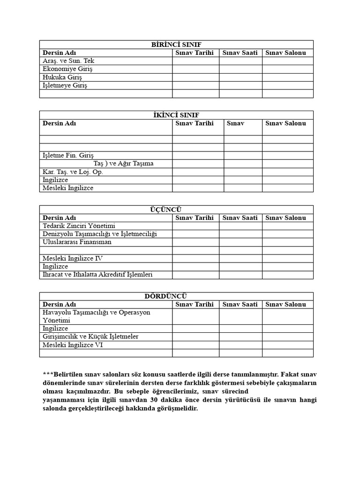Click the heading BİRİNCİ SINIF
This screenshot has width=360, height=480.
pyautogui.click(x=176, y=45)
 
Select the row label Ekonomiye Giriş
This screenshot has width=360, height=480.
pyautogui.click(x=68, y=69)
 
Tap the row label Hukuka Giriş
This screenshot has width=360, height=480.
pyautogui.click(x=62, y=77)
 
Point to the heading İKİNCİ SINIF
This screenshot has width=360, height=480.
pyautogui.click(x=176, y=115)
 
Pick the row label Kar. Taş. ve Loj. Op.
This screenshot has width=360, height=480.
pyautogui.click(x=73, y=172)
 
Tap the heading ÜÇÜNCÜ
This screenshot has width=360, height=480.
pyautogui.click(x=176, y=210)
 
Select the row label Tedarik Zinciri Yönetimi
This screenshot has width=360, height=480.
pyautogui.click(x=79, y=226)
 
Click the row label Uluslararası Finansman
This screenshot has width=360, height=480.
pyautogui.click(x=77, y=242)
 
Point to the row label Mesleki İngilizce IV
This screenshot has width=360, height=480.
pyautogui.click(x=73, y=258)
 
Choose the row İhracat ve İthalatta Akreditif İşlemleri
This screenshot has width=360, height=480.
pyautogui.click(x=97, y=275)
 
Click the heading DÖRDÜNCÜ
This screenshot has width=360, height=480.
pyautogui.click(x=176, y=296)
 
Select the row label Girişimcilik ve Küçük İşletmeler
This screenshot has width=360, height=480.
pyautogui.click(x=90, y=337)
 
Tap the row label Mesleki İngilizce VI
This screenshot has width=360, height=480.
pyautogui.click(x=73, y=345)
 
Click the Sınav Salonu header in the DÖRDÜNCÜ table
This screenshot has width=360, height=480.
pyautogui.click(x=285, y=304)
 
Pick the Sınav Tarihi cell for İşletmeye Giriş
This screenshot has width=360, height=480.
pyautogui.click(x=195, y=86)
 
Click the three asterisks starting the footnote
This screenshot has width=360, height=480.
pyautogui.click(x=47, y=374)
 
